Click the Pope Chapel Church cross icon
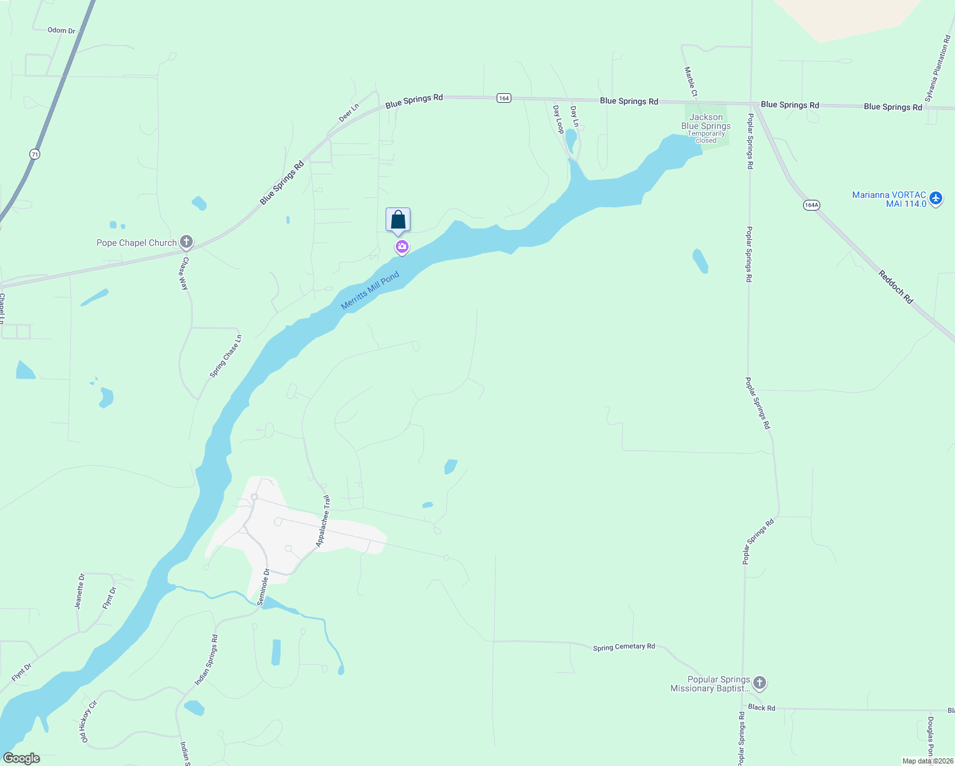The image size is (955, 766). click(x=186, y=242)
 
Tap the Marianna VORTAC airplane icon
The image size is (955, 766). click(x=936, y=198)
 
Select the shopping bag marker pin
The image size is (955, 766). click(x=398, y=220)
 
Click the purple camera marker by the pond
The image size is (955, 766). click(x=402, y=247)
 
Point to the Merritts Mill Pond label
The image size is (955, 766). click(x=370, y=290)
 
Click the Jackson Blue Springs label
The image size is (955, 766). click(x=706, y=122)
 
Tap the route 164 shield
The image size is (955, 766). click(x=504, y=98)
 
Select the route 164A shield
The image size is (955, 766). click(x=811, y=205)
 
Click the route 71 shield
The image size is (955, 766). click(x=34, y=154)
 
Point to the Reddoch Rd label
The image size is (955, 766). click(x=896, y=287)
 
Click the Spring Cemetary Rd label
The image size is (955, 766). click(x=624, y=647)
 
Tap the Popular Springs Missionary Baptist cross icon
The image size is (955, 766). click(x=760, y=683)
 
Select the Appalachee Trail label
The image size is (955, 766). click(x=323, y=521)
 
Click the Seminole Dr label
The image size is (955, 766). click(x=264, y=587)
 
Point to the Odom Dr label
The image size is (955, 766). click(x=61, y=30)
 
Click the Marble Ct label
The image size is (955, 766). click(x=691, y=82)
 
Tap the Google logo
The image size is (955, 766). click(x=22, y=758)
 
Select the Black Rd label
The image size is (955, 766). click(x=762, y=707)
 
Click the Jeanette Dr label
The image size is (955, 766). click(x=79, y=591)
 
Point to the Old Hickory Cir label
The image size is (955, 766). click(x=89, y=721)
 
